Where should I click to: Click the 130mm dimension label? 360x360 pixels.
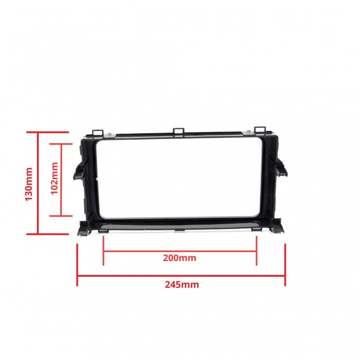pyautogui.click(x=29, y=184)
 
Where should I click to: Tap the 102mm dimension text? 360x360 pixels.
pyautogui.click(x=54, y=178)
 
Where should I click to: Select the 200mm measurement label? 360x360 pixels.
pyautogui.click(x=180, y=258)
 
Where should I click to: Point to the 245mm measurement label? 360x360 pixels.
pyautogui.click(x=182, y=285)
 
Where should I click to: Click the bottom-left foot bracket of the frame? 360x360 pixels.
pyautogui.click(x=83, y=229)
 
